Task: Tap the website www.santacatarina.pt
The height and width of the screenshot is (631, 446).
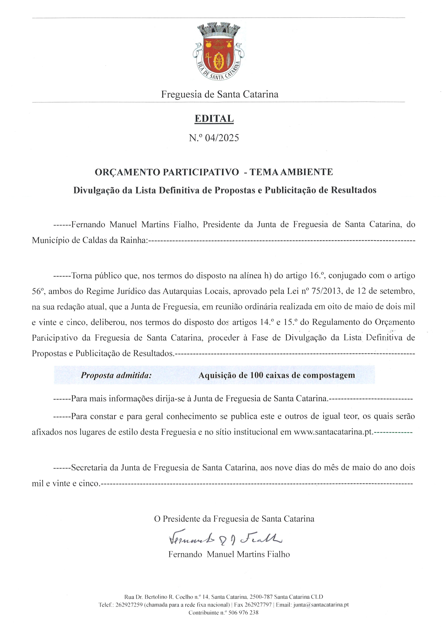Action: point(333,432)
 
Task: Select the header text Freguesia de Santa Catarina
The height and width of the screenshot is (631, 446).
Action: point(220,94)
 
